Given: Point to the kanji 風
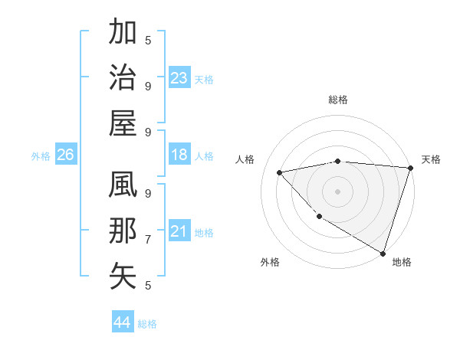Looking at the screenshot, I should [x=123, y=186].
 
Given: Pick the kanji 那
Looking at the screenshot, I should [x=123, y=231].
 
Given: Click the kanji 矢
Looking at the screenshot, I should [x=123, y=276].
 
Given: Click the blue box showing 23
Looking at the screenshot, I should [x=179, y=78].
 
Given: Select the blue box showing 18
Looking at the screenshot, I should [x=179, y=155].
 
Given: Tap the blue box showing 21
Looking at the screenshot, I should [x=179, y=231].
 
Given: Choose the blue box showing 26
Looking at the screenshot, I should [x=65, y=155].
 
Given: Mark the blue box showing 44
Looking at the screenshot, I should [x=123, y=322].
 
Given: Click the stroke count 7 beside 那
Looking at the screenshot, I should [x=148, y=239].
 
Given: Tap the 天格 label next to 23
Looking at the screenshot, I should [x=204, y=80].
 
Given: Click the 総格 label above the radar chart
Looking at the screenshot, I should [x=338, y=100].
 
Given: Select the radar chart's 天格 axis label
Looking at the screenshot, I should [x=431, y=159].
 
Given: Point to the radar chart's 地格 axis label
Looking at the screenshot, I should [x=402, y=262].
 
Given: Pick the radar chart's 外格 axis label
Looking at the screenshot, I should [x=270, y=262].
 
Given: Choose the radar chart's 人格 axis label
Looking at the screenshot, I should [x=247, y=159].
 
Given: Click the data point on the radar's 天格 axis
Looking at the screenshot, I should [x=410, y=168].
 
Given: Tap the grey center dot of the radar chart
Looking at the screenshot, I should [x=337, y=191].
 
